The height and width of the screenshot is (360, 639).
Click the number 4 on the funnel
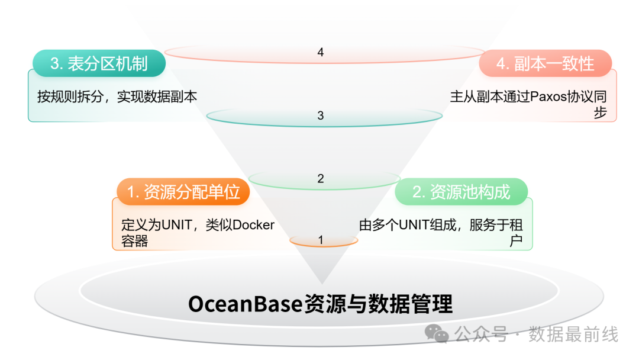coord(321,53)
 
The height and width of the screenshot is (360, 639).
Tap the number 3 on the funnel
coord(321,115)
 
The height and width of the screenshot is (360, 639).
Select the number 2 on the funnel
coord(321,178)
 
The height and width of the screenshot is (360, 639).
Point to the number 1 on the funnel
coord(321,240)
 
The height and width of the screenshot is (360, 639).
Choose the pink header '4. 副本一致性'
coord(545,63)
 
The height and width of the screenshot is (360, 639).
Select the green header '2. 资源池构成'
coord(461,192)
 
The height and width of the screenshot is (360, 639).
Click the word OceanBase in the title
coord(245,304)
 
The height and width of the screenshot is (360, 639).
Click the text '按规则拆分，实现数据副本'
coord(117,97)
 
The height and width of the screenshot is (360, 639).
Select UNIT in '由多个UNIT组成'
coord(417,225)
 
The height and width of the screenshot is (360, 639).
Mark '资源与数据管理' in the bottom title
coord(378,304)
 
